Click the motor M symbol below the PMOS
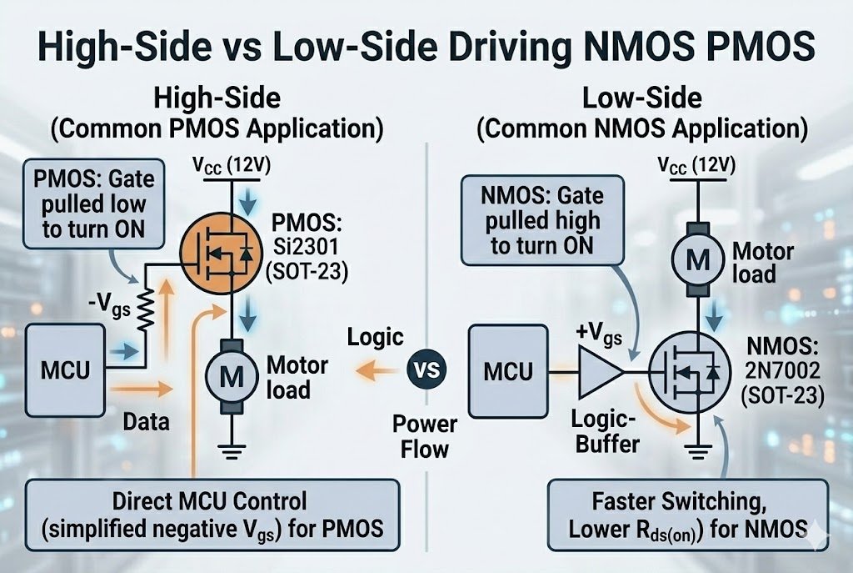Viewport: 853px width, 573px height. point(229,376)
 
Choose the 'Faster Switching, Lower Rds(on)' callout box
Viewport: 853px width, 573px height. point(688,515)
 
